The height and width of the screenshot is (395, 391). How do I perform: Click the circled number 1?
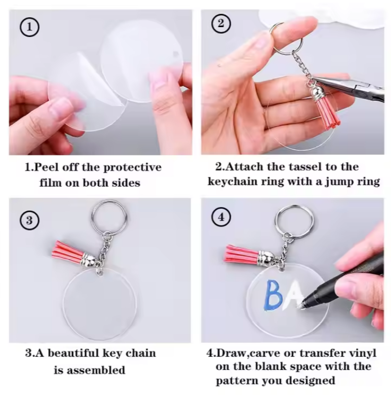point(29,27)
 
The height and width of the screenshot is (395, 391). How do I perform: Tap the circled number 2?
point(221,23)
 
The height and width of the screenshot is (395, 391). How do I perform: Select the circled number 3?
point(29,220)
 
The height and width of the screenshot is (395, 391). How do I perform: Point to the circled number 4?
point(221,217)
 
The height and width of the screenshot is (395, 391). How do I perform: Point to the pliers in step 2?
point(350,87)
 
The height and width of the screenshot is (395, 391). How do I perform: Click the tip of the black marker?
point(301,307)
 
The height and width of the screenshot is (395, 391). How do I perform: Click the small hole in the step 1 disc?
point(176,54)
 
